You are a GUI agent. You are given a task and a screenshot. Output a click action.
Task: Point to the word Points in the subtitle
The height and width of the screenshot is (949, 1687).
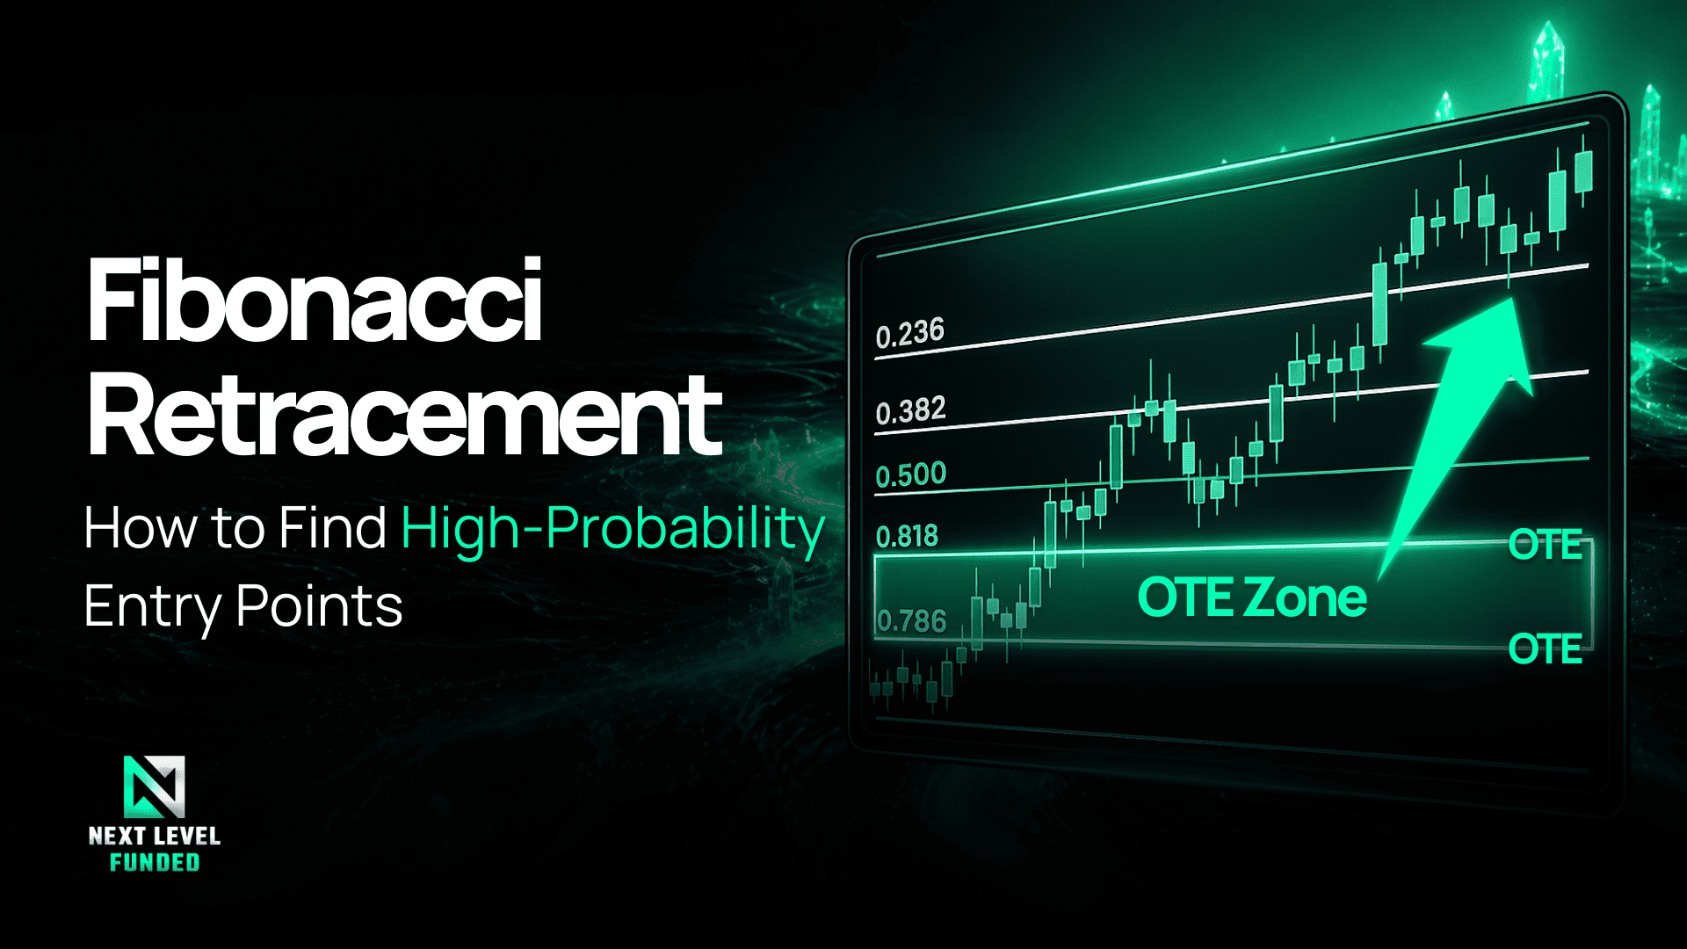coord(320,606)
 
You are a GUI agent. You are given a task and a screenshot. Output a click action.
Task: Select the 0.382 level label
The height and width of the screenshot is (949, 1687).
coord(911,411)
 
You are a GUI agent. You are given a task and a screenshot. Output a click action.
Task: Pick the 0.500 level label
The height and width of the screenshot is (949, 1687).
coord(911,475)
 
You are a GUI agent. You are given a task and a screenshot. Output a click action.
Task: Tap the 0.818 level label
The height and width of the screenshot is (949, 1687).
coord(907,536)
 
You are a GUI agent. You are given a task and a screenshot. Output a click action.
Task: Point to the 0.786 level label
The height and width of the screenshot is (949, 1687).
coord(912,621)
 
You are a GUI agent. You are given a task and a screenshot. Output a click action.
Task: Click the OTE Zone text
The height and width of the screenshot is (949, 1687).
coord(1252,598)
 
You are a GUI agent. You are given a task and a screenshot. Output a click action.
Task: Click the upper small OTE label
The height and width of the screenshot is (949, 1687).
coord(1546,545)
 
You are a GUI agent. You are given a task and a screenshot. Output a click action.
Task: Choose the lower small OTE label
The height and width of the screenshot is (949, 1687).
coord(1546,649)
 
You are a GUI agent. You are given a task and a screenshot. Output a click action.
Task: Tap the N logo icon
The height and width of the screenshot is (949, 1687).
coord(155,787)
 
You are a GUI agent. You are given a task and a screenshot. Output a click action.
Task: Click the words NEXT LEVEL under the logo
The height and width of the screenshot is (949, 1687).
coord(155,836)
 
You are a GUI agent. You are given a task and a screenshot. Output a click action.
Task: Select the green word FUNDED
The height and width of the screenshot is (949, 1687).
coord(155,863)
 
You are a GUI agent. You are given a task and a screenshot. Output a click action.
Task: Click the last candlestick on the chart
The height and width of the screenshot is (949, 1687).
coord(1583,171)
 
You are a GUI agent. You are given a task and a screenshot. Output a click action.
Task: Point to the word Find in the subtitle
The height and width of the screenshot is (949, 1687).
coord(332,528)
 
